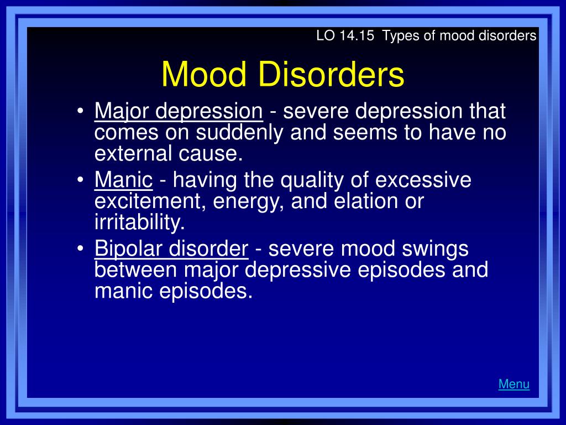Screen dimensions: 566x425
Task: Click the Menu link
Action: point(513,384)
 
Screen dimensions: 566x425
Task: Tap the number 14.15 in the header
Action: point(357,36)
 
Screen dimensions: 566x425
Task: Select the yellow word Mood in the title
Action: point(204,74)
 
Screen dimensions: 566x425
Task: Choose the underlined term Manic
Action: point(123,179)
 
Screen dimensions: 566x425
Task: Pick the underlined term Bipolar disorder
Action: point(171,249)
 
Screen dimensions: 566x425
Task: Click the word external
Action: point(133,153)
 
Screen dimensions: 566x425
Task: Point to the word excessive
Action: point(423,180)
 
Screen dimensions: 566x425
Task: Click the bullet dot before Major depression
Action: point(80,111)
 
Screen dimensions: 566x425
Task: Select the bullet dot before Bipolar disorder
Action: point(80,248)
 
